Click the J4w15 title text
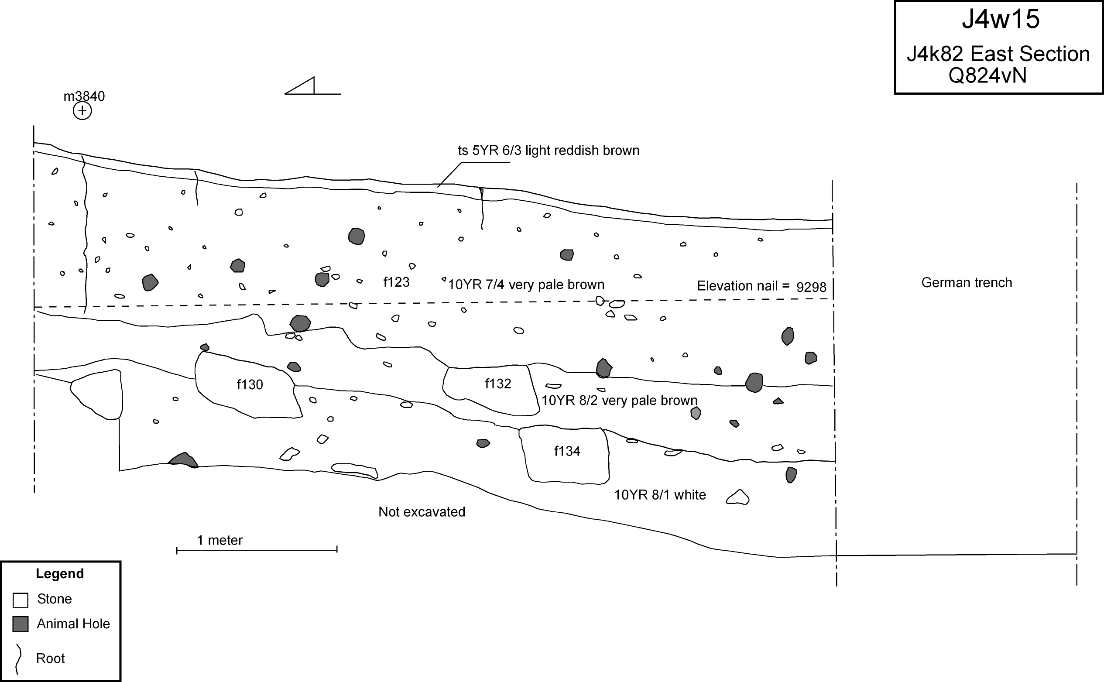tap(1000, 19)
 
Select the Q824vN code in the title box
tap(987, 75)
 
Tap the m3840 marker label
tap(84, 96)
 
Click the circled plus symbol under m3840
tap(82, 110)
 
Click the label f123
tap(396, 282)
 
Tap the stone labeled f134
tap(566, 453)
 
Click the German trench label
tap(967, 283)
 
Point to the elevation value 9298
tap(811, 287)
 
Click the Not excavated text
tap(422, 512)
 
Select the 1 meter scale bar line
tap(257, 550)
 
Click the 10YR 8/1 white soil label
tap(660, 495)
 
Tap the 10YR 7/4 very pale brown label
tap(526, 284)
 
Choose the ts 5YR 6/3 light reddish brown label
tap(549, 150)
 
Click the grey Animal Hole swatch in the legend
tap(21, 624)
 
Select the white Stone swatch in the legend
tap(21, 600)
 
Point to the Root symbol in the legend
tap(18, 658)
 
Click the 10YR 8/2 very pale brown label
tap(619, 401)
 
